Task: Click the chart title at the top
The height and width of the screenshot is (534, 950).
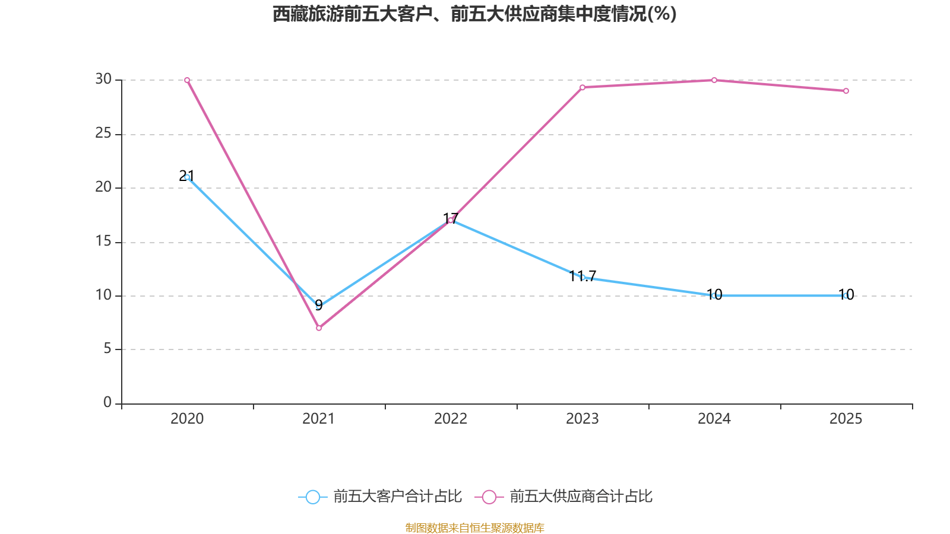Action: click(x=474, y=14)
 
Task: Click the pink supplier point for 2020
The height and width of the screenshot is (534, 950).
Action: click(x=187, y=80)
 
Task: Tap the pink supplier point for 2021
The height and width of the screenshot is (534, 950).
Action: click(x=319, y=328)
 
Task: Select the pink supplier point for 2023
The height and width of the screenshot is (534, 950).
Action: click(x=582, y=87)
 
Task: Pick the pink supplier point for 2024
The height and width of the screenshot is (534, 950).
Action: click(x=714, y=80)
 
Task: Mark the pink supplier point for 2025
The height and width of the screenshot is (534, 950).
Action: click(x=846, y=91)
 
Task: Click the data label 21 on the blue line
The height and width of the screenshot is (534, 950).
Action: click(x=186, y=176)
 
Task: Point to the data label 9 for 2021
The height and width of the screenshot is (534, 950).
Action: click(x=319, y=305)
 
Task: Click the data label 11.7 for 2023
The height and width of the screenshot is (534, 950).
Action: click(x=582, y=276)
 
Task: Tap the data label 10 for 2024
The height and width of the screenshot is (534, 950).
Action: click(x=714, y=294)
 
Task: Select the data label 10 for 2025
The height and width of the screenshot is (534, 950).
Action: click(x=846, y=294)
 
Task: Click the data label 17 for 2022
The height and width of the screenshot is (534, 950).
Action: click(x=451, y=218)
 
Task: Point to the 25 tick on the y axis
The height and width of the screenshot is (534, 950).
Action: click(x=103, y=133)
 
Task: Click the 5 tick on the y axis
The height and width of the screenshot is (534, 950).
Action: click(x=107, y=349)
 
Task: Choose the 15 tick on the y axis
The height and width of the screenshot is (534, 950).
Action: click(x=103, y=241)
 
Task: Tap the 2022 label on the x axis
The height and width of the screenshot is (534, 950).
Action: click(x=451, y=419)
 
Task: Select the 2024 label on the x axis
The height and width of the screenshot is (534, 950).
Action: click(x=714, y=419)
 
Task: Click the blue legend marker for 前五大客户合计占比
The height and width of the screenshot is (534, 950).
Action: click(x=312, y=497)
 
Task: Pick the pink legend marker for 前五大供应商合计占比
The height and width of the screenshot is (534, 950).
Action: click(x=489, y=497)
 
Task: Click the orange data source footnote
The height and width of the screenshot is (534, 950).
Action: click(x=474, y=527)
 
